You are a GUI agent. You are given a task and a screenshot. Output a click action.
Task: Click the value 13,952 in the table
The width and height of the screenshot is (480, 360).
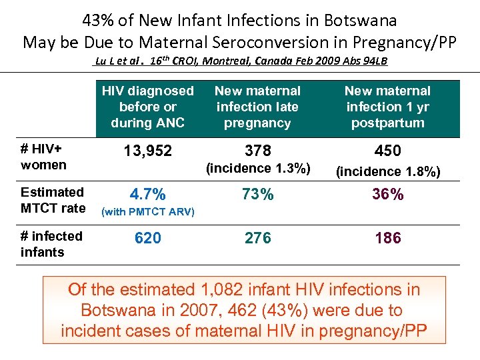pos(148,151)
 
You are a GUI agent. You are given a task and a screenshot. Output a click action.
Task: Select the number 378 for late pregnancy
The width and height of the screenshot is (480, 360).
pos(257,151)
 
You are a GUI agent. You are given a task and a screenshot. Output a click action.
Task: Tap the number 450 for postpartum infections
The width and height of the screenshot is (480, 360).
pos(387,151)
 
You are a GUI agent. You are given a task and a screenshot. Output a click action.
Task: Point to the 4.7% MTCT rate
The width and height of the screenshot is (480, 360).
pos(148,195)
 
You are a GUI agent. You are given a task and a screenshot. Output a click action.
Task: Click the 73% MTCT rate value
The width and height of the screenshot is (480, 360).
pos(257,195)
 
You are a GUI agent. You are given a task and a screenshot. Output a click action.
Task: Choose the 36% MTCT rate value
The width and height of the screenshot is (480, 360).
pos(387,195)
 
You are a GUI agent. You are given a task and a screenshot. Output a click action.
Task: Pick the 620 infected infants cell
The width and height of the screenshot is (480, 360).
pos(148,239)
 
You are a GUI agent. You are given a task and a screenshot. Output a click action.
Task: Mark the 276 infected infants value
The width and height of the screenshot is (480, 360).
pos(257,239)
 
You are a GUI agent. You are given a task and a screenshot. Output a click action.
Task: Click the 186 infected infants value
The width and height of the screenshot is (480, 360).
pos(387,239)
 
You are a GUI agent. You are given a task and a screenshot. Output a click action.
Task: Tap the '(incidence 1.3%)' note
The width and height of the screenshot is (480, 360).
pos(257,169)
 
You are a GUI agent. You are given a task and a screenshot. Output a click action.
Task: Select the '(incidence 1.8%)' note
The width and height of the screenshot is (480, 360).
pos(387,171)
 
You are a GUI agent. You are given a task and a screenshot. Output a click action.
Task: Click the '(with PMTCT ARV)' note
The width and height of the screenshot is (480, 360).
pos(147,212)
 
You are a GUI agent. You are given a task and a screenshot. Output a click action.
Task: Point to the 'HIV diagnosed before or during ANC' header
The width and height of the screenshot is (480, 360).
pos(148,107)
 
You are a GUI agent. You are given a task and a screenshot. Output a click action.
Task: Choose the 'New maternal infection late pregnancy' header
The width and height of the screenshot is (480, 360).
pos(257,107)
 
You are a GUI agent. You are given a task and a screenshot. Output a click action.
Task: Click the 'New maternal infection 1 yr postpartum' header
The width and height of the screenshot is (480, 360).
pos(387,107)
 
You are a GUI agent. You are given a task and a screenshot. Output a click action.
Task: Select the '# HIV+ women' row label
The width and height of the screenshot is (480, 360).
pos(44,157)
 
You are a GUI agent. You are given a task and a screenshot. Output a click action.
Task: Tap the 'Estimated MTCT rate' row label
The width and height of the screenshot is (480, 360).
pos(53,200)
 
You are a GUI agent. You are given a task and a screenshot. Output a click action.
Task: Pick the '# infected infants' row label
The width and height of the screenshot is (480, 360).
pos(52,244)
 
